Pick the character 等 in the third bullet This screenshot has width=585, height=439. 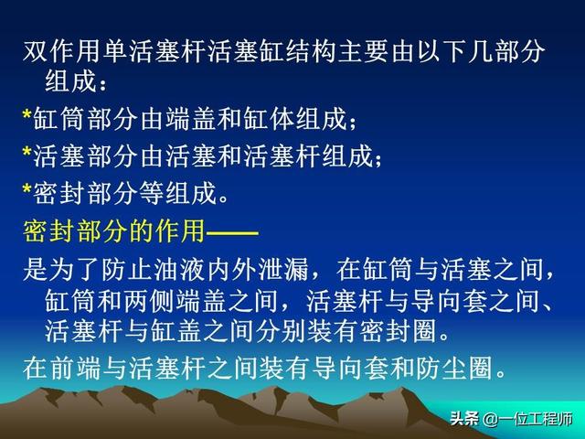coord(151,193)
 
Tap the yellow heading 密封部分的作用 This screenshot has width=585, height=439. coord(114,231)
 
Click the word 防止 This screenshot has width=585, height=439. coord(125,269)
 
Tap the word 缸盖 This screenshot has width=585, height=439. coord(176,331)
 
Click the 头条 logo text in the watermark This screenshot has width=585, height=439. coord(464,419)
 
